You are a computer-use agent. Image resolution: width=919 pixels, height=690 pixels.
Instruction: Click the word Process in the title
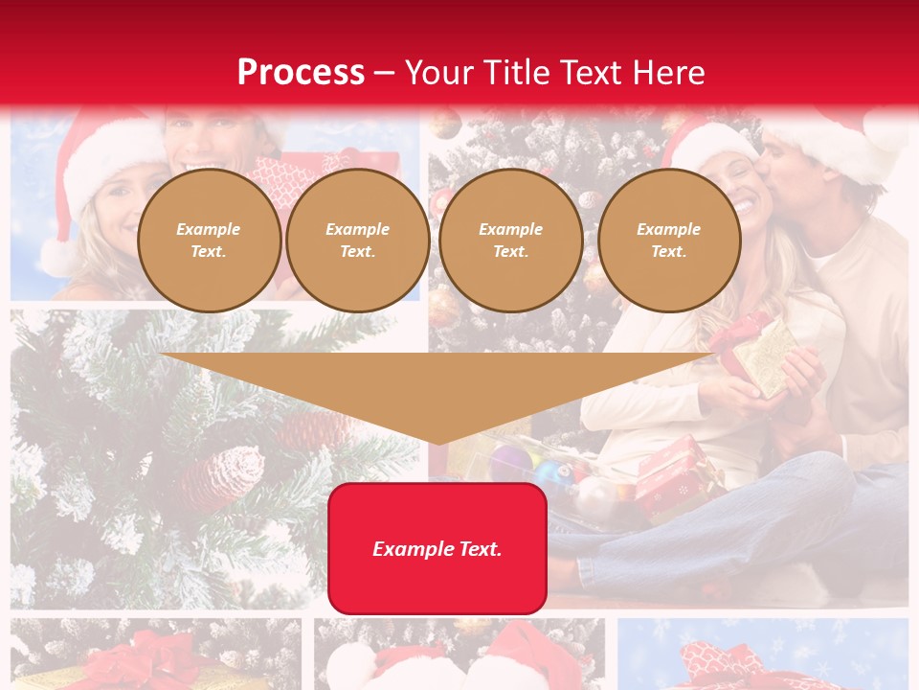click(x=301, y=72)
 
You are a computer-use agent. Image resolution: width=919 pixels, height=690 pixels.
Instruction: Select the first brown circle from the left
click(x=209, y=241)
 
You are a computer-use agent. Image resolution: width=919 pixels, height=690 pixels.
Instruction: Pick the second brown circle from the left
click(x=357, y=241)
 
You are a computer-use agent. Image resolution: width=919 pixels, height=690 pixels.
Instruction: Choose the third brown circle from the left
click(x=510, y=241)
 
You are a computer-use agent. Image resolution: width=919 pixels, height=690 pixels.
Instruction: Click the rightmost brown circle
click(x=668, y=241)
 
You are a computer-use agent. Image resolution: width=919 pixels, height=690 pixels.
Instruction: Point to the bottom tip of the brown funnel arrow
click(x=438, y=442)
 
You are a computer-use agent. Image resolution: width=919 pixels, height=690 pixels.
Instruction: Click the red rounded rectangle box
click(x=437, y=548)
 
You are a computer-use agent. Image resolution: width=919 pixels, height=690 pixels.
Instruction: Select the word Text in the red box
click(x=479, y=549)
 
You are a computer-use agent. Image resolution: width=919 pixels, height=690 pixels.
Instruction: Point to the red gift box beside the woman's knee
click(x=675, y=474)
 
